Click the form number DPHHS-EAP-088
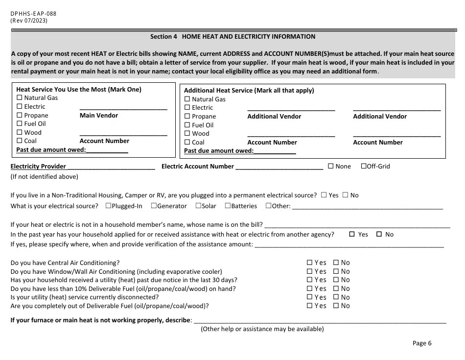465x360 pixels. (33, 13)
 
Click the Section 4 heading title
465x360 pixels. (232, 37)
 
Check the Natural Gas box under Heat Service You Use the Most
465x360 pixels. (20, 98)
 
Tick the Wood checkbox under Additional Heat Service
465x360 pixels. (187, 134)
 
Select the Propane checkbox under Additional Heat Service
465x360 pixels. (187, 117)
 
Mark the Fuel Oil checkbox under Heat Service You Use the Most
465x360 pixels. (20, 124)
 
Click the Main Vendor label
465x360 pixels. (99, 116)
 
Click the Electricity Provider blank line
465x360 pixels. (111, 167)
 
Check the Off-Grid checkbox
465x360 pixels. (364, 166)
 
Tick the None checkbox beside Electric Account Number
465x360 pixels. (331, 166)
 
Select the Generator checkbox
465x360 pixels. (154, 206)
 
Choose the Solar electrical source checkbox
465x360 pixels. (198, 206)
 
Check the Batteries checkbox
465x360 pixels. (228, 206)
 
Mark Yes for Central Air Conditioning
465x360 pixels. (309, 263)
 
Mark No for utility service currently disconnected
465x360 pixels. (336, 297)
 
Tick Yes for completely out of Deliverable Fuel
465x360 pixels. (309, 306)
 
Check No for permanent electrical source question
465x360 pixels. (345, 195)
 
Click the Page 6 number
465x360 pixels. (422, 343)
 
